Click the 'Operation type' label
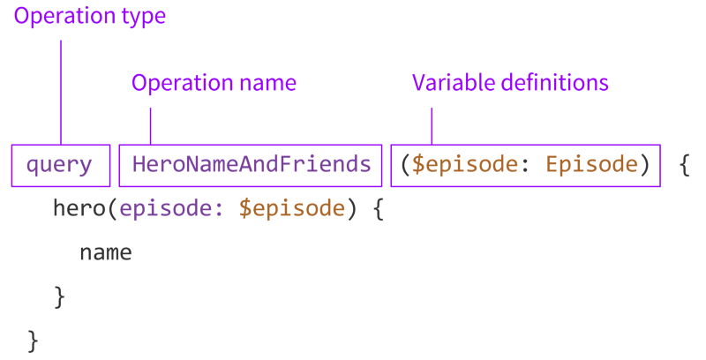88,16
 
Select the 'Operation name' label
214,83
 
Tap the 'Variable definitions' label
510,83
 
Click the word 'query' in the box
59,165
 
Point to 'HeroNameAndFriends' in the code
252,165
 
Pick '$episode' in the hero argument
290,209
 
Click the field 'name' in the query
105,253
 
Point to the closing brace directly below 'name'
59,296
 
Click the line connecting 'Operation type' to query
61,88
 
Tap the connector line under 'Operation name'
151,126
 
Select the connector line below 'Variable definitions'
432,126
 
